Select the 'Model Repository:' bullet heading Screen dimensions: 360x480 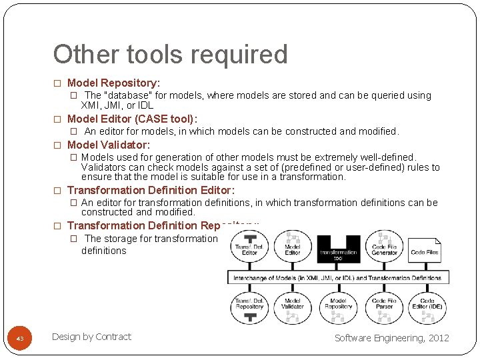(113, 83)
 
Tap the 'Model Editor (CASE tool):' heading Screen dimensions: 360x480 (132, 119)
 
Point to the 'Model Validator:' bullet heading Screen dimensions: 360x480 (109, 145)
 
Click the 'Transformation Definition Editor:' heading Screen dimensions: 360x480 (151, 191)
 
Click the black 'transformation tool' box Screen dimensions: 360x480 (338, 250)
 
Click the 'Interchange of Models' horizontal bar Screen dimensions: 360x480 (338, 277)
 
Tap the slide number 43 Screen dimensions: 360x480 (20, 339)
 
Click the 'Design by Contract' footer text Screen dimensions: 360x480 (91, 337)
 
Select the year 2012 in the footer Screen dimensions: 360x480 (439, 338)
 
